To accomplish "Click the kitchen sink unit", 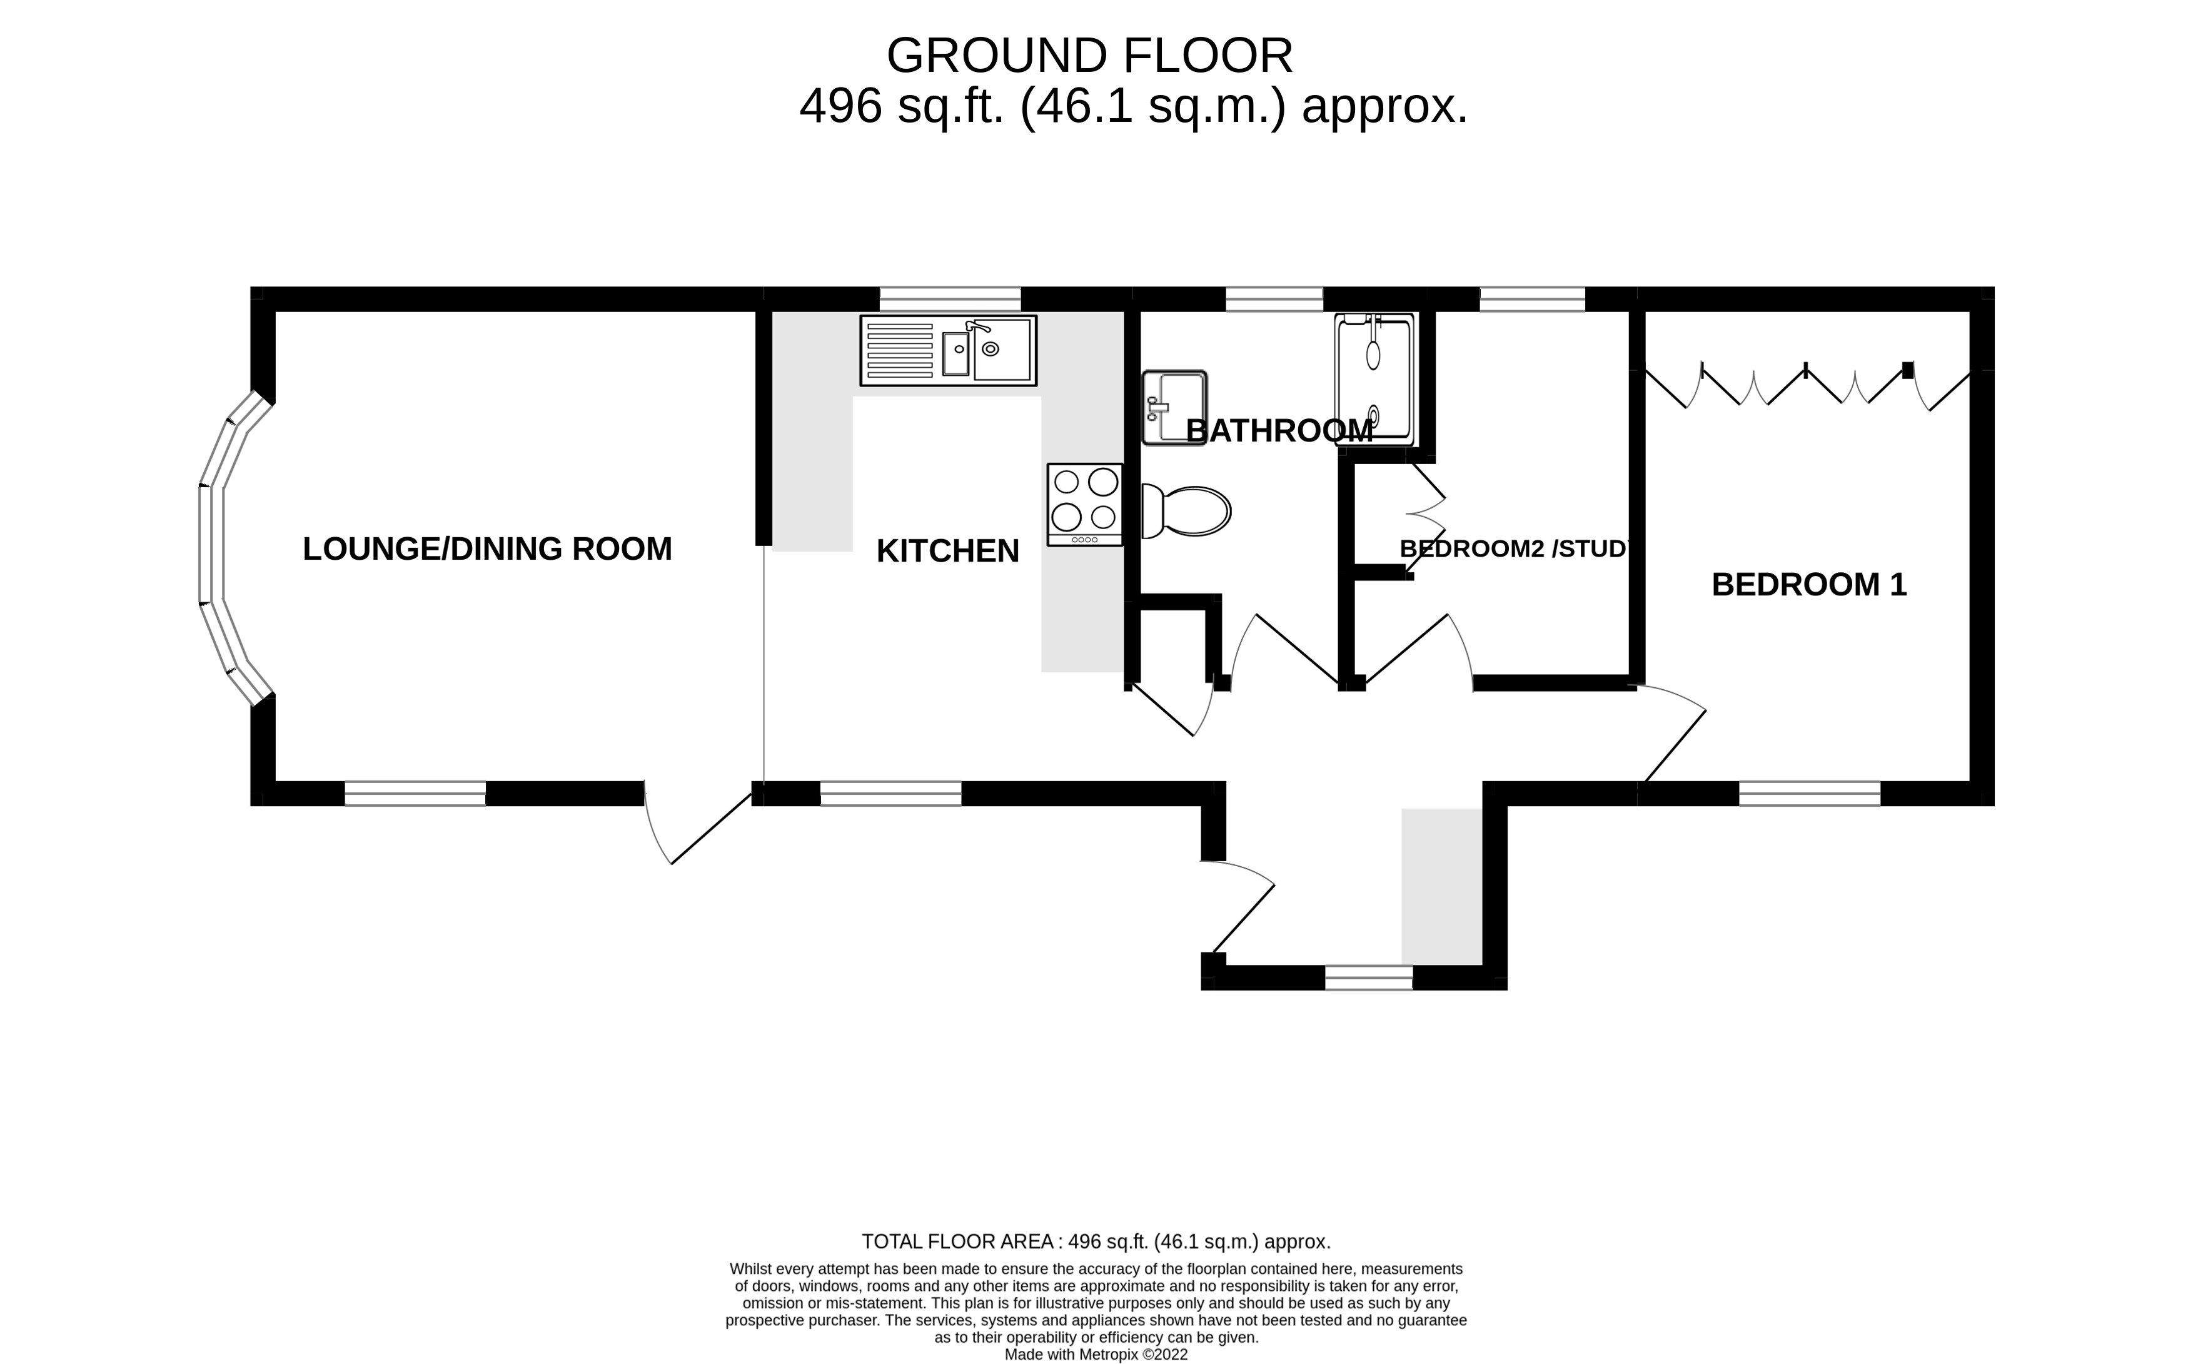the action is pyautogui.click(x=948, y=350).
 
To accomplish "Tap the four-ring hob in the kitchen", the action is pyautogui.click(x=1085, y=504).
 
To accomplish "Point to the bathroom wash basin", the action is pyautogui.click(x=1174, y=408).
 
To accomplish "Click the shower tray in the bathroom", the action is pyautogui.click(x=1374, y=380).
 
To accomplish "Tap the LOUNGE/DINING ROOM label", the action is pyautogui.click(x=487, y=548).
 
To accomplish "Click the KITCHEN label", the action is pyautogui.click(x=948, y=550).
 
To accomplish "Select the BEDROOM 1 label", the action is pyautogui.click(x=1809, y=585).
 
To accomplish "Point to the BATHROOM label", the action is pyautogui.click(x=1279, y=431).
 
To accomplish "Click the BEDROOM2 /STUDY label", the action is pyautogui.click(x=1515, y=548).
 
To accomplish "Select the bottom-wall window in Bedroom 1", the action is pyautogui.click(x=1810, y=793).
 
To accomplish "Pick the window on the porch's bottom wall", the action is pyautogui.click(x=1368, y=978).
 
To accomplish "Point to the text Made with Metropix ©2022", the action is pyautogui.click(x=1097, y=1354).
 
